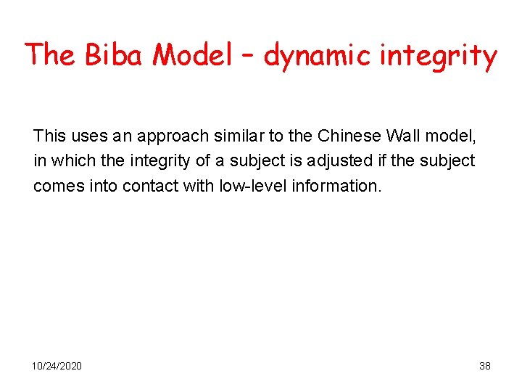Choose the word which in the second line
(x=69, y=160)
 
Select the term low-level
(x=244, y=186)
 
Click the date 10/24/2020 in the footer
(x=57, y=366)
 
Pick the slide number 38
(x=485, y=366)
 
